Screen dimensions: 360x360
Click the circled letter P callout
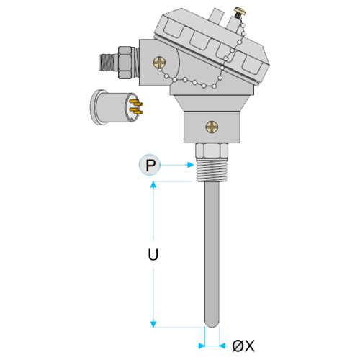(150, 165)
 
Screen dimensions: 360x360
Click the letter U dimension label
(153, 255)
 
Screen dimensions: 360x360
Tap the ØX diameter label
(243, 346)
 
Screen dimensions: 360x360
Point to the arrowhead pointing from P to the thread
(191, 165)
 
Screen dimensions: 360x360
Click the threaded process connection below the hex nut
(212, 170)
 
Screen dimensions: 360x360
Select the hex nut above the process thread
(212, 150)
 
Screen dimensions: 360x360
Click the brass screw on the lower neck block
(212, 127)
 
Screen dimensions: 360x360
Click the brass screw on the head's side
(159, 63)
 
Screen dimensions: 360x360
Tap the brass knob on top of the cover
(240, 12)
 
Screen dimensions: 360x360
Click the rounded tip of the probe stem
(212, 323)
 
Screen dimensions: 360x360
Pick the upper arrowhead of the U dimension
(153, 184)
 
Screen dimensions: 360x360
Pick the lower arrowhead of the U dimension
(153, 325)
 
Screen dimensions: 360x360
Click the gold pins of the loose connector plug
(136, 107)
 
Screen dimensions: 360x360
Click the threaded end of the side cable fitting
(109, 63)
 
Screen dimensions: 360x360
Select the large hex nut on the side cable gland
(125, 63)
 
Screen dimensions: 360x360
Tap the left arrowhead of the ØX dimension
(202, 346)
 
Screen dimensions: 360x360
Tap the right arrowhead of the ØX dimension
(222, 346)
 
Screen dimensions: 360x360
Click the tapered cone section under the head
(212, 104)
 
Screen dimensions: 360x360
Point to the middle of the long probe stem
(212, 253)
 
